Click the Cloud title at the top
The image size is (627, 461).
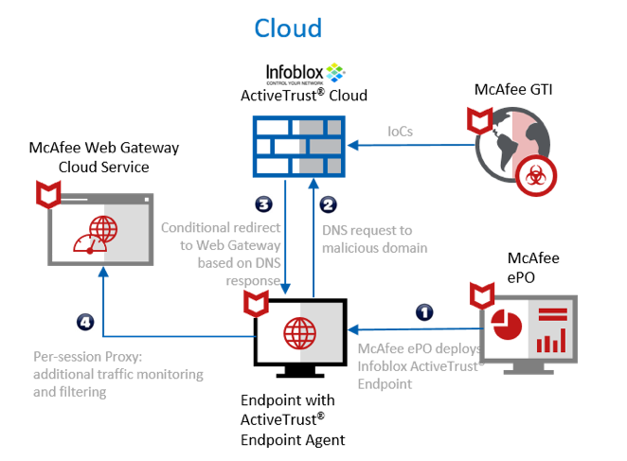click(288, 28)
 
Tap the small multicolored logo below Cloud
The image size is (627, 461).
click(334, 72)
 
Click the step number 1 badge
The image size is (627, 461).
click(425, 310)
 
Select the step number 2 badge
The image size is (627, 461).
click(327, 204)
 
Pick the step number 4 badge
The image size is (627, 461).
click(85, 322)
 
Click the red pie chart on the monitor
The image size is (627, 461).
click(511, 327)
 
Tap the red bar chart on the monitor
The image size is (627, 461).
click(551, 338)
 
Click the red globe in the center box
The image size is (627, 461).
click(299, 333)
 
